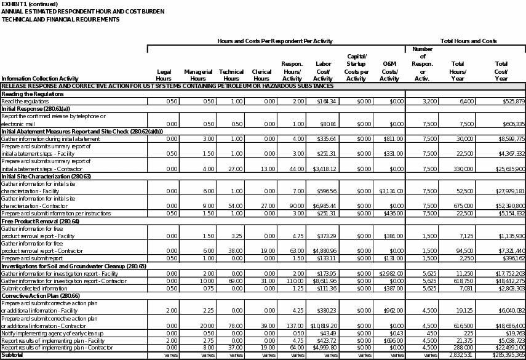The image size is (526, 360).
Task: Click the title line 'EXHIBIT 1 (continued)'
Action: coord(30,4)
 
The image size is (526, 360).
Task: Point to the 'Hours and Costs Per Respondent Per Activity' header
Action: coord(274,41)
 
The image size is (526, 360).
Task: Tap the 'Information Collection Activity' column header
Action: coord(40,79)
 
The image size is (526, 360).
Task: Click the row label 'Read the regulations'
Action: coord(25,101)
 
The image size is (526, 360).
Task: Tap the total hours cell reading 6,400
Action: coord(458,101)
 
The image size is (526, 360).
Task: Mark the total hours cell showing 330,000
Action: coord(455,169)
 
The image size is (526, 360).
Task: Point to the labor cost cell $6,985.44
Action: coord(324,206)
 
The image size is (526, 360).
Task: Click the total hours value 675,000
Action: coord(455,206)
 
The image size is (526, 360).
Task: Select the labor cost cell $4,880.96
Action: coord(324,251)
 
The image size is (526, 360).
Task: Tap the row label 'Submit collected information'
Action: coord(34,289)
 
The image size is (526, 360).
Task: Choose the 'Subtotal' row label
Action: coord(13,355)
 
